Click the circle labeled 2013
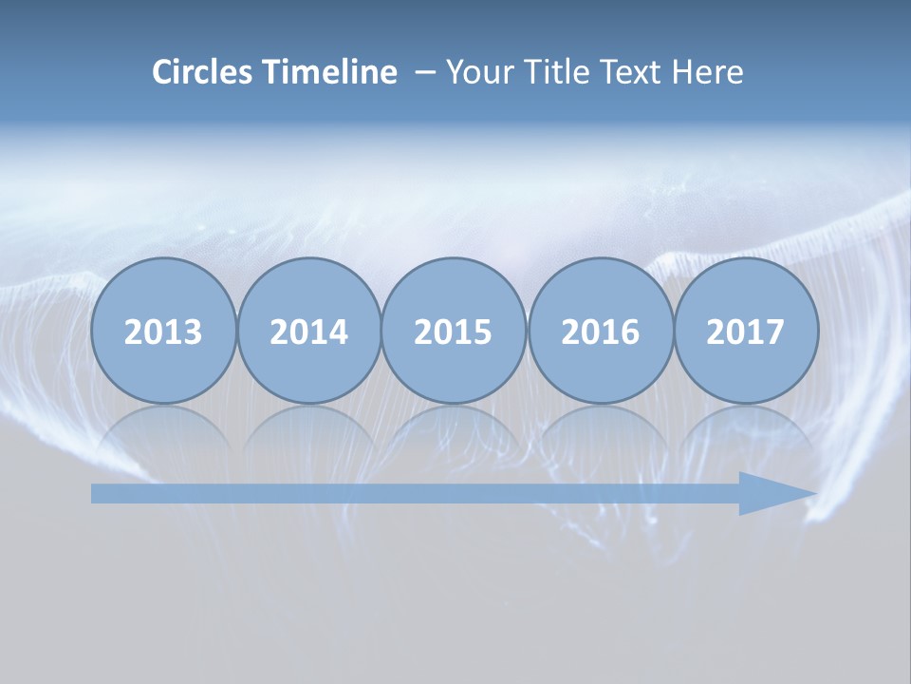coord(163,331)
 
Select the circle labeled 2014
coord(309,331)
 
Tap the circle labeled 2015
coord(454,331)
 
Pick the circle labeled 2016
coord(600,331)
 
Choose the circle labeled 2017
coord(746,331)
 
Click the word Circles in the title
coord(203,72)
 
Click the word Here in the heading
coord(707,72)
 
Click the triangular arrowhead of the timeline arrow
coord(773,493)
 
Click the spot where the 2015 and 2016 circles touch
coord(527,331)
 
